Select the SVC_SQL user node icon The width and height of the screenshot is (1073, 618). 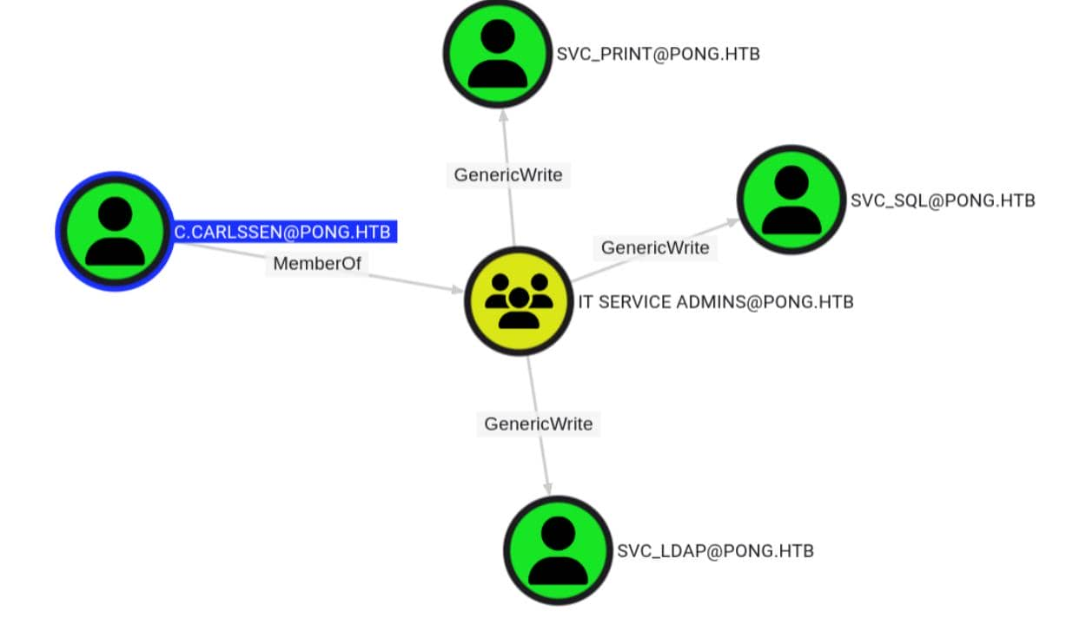tap(792, 200)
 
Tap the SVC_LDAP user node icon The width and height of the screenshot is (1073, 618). tap(558, 550)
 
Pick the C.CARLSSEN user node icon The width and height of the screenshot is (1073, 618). tap(115, 231)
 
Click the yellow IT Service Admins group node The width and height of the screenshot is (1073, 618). tap(520, 301)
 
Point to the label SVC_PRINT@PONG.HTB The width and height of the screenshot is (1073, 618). tap(658, 55)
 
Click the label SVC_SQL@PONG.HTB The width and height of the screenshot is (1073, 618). tap(943, 201)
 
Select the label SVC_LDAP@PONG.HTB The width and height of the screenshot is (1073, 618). tap(715, 551)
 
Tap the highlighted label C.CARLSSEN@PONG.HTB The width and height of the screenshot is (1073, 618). tap(282, 232)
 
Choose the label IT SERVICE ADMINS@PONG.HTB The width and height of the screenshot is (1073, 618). tap(716, 302)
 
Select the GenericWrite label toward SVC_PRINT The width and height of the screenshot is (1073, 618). tap(508, 174)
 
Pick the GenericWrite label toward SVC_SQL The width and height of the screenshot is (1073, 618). tap(655, 247)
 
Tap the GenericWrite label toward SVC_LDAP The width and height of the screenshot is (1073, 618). tap(539, 424)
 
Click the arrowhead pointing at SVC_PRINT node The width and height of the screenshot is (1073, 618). tap(503, 115)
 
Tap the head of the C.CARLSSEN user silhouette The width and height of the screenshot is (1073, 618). tap(115, 213)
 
